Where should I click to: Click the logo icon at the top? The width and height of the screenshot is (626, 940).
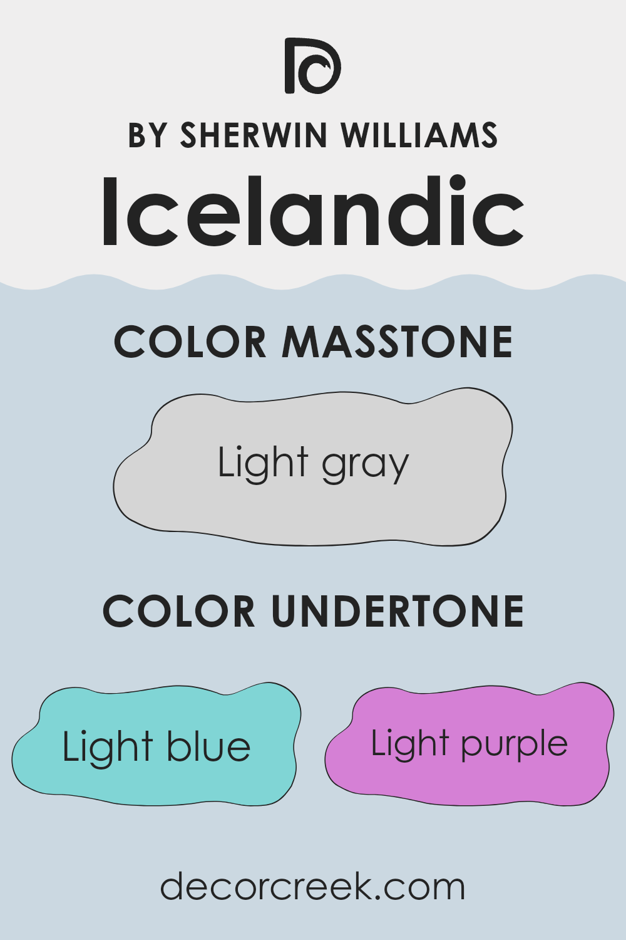(x=312, y=66)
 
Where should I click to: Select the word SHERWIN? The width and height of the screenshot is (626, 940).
(x=254, y=135)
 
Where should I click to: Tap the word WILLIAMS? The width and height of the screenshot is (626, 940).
(x=419, y=135)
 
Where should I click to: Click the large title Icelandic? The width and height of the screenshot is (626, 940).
(x=312, y=212)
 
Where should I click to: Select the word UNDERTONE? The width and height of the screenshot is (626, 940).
(x=398, y=612)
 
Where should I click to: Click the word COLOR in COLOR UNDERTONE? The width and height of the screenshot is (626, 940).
(x=179, y=612)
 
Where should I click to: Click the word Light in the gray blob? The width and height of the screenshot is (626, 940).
(x=263, y=464)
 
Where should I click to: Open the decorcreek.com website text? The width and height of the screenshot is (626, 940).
(x=312, y=887)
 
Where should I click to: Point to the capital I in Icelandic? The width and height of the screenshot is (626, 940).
(x=110, y=212)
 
